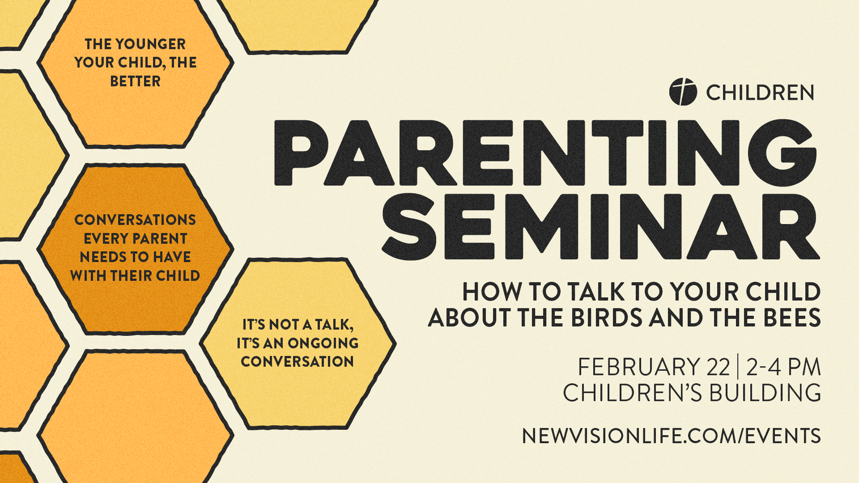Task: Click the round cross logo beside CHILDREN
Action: tap(683, 92)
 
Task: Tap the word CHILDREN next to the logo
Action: tap(760, 93)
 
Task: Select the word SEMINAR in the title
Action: tap(600, 227)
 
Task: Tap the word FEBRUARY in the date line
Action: tap(638, 367)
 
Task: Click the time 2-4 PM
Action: tap(783, 367)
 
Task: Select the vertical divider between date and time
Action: tap(738, 367)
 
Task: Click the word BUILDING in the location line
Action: tap(765, 393)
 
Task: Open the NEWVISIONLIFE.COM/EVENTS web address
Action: tap(671, 436)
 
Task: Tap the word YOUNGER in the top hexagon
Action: tap(150, 44)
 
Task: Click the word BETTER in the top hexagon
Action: tap(135, 81)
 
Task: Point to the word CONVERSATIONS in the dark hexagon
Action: tap(135, 220)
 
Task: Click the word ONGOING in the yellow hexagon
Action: tap(323, 343)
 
